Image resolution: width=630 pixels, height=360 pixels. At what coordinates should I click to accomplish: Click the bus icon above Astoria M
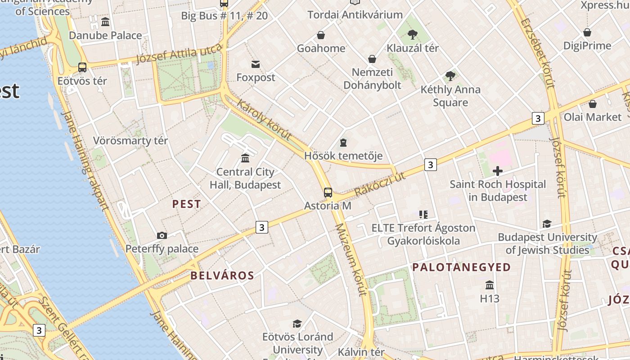click(x=328, y=193)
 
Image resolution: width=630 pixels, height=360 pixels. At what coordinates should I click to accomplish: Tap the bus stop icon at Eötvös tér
click(x=82, y=67)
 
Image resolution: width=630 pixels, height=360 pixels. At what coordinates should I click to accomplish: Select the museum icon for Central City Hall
click(x=245, y=158)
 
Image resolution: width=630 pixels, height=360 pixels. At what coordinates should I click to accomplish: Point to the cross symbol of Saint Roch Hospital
click(x=498, y=171)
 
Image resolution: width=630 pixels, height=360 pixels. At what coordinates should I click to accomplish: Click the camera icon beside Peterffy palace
click(x=162, y=235)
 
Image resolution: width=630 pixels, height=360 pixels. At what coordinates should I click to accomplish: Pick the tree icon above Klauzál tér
click(x=412, y=34)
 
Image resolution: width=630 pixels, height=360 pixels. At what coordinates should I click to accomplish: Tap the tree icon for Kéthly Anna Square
click(x=450, y=76)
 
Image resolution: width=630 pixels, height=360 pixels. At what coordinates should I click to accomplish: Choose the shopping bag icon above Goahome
click(x=321, y=35)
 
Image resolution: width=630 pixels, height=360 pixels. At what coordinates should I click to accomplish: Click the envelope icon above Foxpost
click(x=256, y=64)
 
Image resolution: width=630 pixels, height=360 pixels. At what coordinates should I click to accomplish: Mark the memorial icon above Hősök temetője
click(x=343, y=143)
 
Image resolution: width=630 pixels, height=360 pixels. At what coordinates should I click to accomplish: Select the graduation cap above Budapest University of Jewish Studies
click(x=547, y=224)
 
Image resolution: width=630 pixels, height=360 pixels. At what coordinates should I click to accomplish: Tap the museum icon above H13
click(x=490, y=285)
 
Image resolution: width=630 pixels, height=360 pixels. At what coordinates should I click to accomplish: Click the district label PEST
click(x=186, y=204)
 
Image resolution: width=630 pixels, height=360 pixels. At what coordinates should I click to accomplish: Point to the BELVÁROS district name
click(x=222, y=275)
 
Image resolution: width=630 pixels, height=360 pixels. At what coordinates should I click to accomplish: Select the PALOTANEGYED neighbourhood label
click(x=462, y=267)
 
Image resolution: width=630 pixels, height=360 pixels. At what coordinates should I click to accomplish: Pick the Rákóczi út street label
click(x=380, y=184)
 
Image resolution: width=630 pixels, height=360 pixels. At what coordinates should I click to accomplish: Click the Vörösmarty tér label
click(x=130, y=140)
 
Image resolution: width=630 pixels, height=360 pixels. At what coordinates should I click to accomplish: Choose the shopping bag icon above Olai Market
click(x=592, y=104)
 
